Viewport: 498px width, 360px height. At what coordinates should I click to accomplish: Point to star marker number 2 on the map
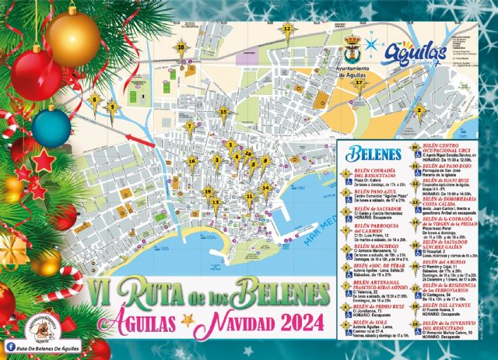[418, 110]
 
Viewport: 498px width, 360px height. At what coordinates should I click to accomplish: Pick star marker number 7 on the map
[189, 126]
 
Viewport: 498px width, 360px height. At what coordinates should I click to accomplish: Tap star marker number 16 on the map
[192, 160]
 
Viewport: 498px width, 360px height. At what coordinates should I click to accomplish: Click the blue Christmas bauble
[52, 128]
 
